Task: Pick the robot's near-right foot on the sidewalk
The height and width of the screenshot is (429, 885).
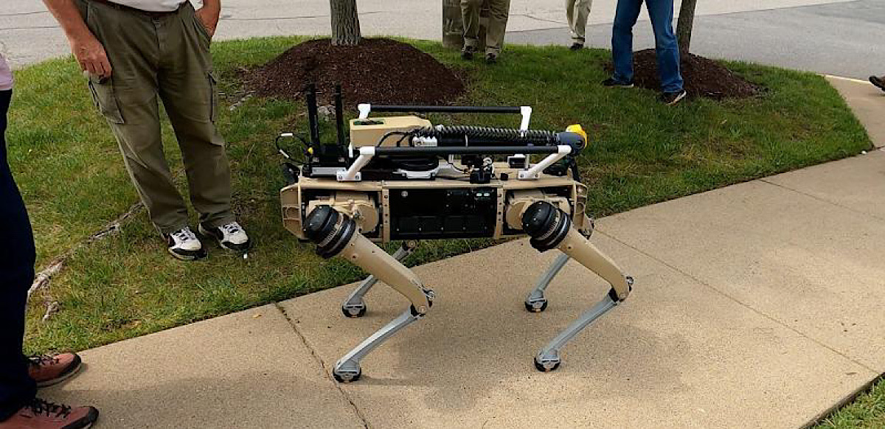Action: [547, 360]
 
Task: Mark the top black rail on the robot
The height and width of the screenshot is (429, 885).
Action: [442, 109]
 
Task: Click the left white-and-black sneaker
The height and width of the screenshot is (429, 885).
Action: [184, 243]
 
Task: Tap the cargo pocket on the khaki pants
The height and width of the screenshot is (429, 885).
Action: [105, 100]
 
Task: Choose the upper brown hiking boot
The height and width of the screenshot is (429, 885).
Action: [54, 366]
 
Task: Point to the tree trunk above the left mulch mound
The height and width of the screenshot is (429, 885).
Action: [344, 21]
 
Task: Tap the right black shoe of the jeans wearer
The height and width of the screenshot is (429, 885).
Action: [672, 96]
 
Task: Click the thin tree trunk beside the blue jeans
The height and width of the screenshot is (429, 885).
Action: [687, 26]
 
